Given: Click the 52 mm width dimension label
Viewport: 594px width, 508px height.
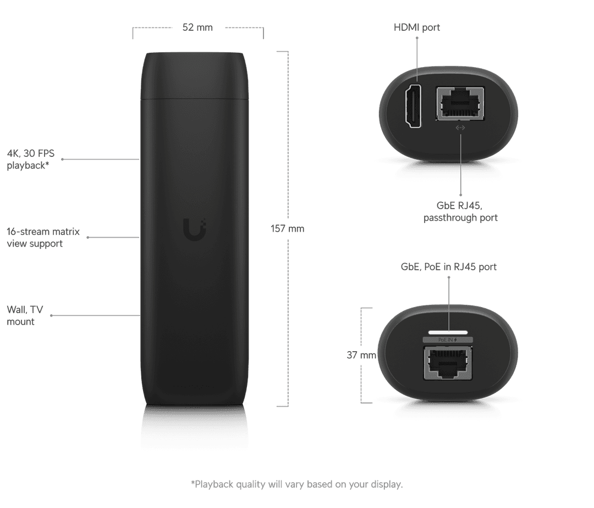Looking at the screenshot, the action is (197, 28).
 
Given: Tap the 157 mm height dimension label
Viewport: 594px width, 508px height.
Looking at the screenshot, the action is (287, 228).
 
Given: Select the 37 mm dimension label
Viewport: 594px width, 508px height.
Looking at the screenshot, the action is (361, 355).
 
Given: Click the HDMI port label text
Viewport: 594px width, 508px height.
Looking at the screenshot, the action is (417, 28).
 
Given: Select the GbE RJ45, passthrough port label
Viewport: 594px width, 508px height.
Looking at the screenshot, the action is (460, 211).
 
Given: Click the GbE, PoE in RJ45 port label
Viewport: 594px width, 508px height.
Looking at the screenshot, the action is (449, 267).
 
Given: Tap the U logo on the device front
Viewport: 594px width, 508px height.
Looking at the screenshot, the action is (195, 230).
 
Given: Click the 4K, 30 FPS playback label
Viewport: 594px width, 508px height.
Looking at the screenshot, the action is (31, 159).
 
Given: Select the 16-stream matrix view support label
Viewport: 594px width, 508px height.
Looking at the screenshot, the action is (43, 237).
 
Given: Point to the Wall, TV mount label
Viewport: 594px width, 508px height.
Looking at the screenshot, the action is (25, 315).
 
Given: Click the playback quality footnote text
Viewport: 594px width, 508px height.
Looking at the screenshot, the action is (296, 484).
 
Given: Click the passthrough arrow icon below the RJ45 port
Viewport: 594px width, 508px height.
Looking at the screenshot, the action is (460, 128).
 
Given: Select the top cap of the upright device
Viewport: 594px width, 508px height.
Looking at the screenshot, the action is (194, 75).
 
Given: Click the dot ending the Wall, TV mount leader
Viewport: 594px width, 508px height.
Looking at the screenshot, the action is (51, 315).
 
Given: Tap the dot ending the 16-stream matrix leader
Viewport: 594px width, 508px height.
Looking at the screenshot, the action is (88, 237).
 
